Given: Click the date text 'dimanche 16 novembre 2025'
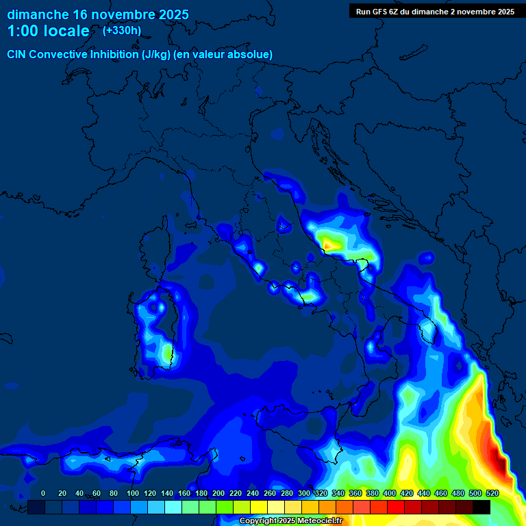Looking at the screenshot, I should pos(97,14).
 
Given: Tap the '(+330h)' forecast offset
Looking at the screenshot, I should pos(122,30).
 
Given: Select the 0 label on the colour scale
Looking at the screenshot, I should pos(43,493).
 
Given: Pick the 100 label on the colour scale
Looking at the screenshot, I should pos(133,493).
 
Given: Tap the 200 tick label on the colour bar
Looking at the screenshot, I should pos(218,493).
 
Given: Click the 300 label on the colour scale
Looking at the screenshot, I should pos(304,493).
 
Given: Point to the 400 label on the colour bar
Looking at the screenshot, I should pos(390,493).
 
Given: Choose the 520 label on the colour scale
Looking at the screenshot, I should pos(492,493).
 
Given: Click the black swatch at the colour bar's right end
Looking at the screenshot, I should pos(481,507).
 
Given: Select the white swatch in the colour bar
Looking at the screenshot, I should pos(276,507).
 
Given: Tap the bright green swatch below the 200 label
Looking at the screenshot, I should pos(225,507).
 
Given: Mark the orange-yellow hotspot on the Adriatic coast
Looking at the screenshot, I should pos(329,242).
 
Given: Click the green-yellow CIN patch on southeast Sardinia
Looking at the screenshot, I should pos(166,353).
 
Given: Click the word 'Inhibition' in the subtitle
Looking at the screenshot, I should pos(114,55).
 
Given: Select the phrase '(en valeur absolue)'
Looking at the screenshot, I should pos(224,55).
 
